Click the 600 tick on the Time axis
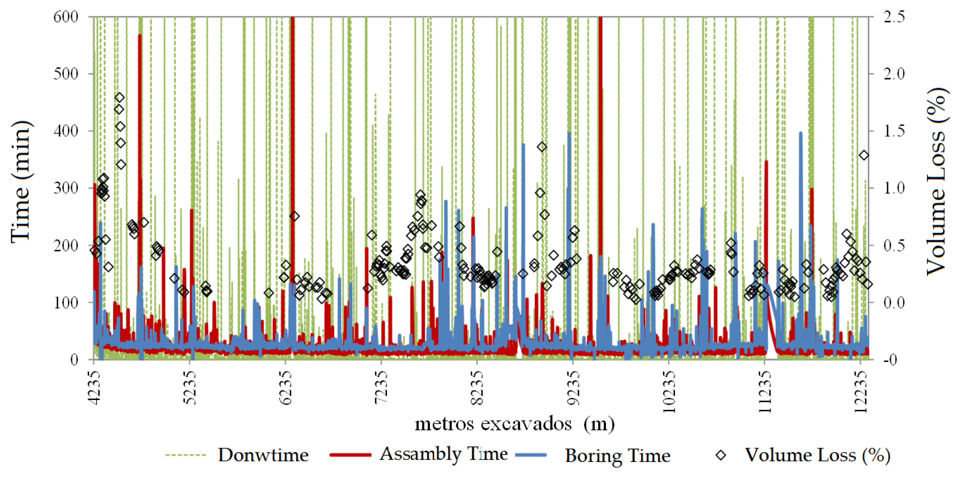point(66,17)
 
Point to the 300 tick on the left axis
point(66,188)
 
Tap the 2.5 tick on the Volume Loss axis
point(894,17)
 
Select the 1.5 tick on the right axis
point(894,131)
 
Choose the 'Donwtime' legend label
point(263,455)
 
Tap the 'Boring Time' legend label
point(618,455)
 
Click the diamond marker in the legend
point(721,455)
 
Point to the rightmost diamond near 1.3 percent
point(864,155)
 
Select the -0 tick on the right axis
point(892,359)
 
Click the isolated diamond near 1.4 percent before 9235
point(542,147)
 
